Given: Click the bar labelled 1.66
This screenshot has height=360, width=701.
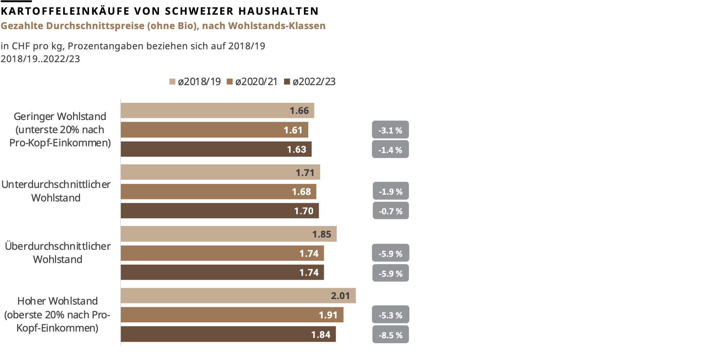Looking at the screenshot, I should pos(217,111).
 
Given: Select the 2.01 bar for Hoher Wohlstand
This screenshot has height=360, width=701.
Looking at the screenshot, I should pos(238,296).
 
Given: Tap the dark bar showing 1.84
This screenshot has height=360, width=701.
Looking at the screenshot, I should pos(228,334).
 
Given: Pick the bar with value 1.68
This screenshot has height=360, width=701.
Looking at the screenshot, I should pos(218,192).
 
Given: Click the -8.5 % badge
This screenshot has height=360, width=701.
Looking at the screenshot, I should pos(390,335).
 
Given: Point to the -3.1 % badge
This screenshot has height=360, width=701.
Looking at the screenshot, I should pos(390,130).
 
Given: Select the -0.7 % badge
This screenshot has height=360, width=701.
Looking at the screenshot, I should pos(391,211).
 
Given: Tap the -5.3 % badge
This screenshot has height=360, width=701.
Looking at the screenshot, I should pos(390,315).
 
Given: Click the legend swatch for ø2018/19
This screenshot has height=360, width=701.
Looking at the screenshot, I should pos(172,82).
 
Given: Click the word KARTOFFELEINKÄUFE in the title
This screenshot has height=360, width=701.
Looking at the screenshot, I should pos(65,11).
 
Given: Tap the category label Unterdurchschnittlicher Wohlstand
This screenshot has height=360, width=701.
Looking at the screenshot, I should pos(56,191).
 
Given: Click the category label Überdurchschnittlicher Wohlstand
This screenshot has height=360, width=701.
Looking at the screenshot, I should pos(58,253).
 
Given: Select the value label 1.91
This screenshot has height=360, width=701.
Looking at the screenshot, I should pos(328,315).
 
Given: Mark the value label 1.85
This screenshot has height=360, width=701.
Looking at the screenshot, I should pos(321,234).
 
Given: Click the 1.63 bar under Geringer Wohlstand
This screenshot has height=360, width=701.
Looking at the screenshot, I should pos(216,149).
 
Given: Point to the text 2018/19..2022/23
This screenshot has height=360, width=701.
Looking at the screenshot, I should pos(40,59).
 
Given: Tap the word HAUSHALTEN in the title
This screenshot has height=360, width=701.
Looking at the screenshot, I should pos(279,11).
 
